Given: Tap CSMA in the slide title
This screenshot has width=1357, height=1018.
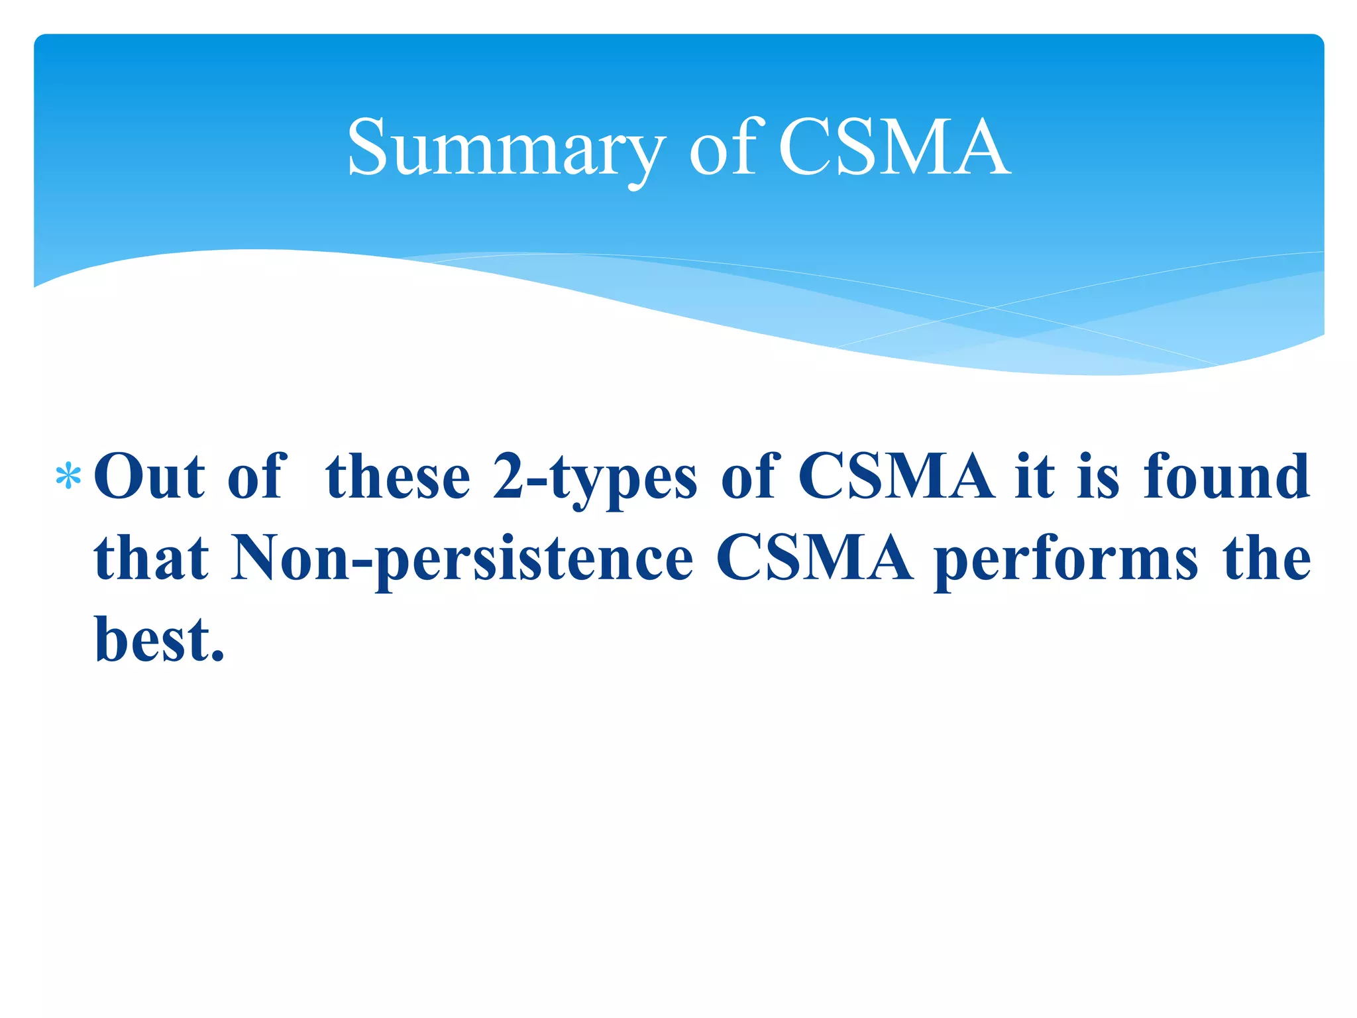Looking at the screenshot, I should pyautogui.click(x=894, y=147).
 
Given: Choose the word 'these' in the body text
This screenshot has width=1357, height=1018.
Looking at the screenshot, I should pyautogui.click(x=398, y=477).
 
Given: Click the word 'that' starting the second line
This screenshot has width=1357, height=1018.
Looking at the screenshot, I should pyautogui.click(x=152, y=558).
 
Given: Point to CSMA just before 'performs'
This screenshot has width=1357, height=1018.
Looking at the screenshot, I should pyautogui.click(x=814, y=558).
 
